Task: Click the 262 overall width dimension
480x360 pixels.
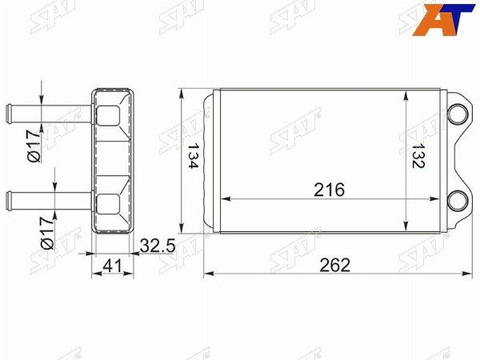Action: [x=334, y=265]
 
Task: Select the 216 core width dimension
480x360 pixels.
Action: [x=329, y=190]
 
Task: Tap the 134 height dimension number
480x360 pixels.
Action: [x=194, y=156]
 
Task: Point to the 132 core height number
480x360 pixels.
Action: [x=418, y=155]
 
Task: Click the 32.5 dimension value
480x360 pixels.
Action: [x=158, y=246]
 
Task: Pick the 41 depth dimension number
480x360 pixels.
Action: [x=112, y=266]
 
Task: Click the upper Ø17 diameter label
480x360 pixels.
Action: [x=34, y=146]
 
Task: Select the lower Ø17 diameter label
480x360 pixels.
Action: [x=47, y=234]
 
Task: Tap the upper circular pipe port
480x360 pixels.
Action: [x=458, y=114]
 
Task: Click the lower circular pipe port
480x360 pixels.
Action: [x=458, y=201]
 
